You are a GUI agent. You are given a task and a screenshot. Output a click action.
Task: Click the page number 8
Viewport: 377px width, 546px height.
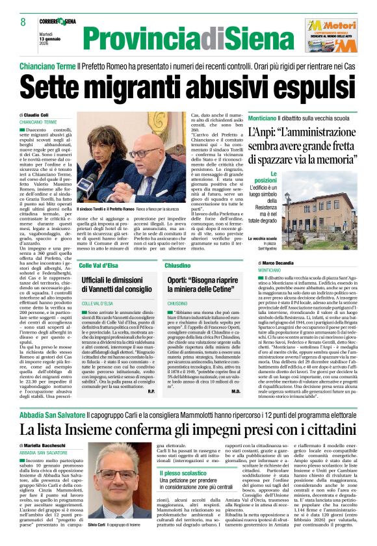tap(23, 21)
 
